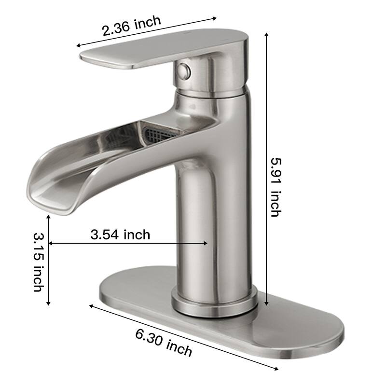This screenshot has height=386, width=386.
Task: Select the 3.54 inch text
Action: point(120,235)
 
